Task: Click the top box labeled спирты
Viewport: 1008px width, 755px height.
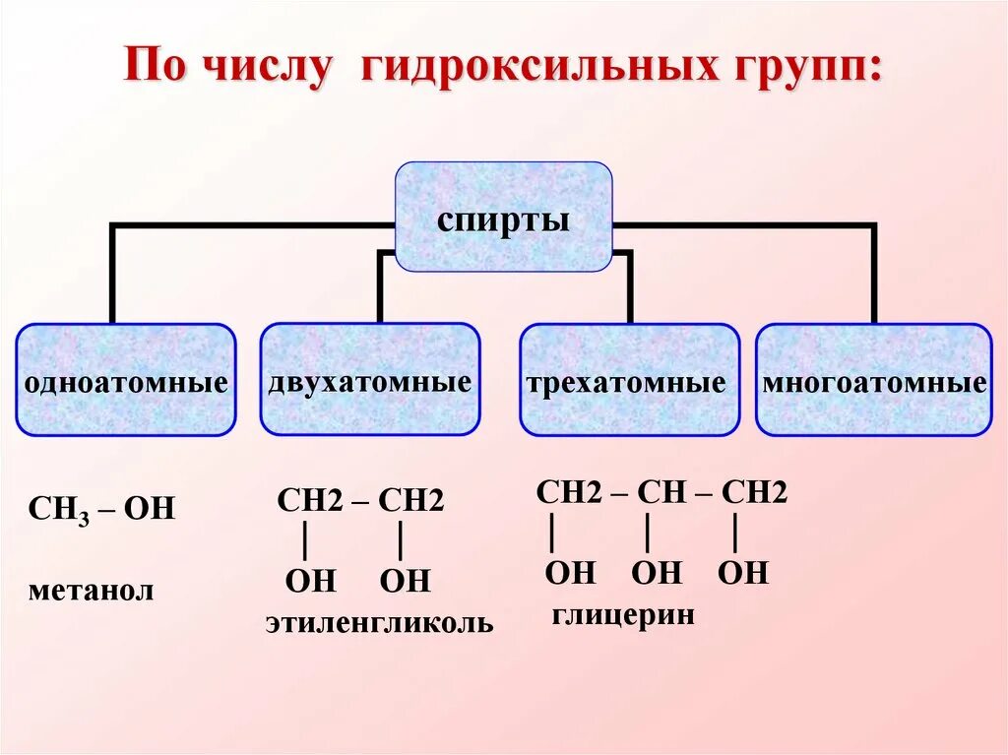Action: click(503, 218)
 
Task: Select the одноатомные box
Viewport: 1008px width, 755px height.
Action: click(126, 380)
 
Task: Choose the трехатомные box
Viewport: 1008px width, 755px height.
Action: click(629, 380)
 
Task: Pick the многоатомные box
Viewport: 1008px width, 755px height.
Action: click(874, 380)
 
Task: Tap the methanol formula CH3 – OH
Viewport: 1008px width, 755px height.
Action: click(101, 509)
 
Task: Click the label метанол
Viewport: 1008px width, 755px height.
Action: click(92, 591)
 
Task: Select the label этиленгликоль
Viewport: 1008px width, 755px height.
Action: click(379, 623)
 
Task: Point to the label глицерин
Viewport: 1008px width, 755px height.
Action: click(623, 615)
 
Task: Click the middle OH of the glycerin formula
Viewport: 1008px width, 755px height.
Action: click(656, 572)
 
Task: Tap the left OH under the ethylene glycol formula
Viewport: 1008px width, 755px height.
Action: click(311, 581)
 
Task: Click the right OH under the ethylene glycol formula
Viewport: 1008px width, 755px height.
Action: click(405, 581)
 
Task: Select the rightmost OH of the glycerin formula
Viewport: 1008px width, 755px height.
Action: click(742, 572)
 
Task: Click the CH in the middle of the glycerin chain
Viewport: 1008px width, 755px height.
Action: click(661, 492)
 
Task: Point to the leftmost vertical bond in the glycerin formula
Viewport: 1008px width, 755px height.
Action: click(553, 534)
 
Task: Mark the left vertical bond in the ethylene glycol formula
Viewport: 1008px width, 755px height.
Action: click(307, 540)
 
